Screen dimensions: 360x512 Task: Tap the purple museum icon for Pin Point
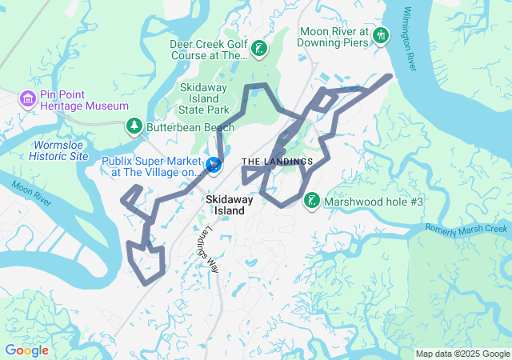pyautogui.click(x=27, y=98)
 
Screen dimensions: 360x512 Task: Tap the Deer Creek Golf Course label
pyautogui.click(x=208, y=50)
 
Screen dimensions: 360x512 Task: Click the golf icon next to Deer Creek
pyautogui.click(x=259, y=50)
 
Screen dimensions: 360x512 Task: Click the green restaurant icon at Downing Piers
pyautogui.click(x=382, y=36)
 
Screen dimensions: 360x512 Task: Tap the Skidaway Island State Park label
pyautogui.click(x=205, y=98)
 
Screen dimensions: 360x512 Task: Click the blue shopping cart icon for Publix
pyautogui.click(x=214, y=165)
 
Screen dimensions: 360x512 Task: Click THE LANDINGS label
pyautogui.click(x=278, y=162)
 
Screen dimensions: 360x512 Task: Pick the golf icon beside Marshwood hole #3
pyautogui.click(x=311, y=201)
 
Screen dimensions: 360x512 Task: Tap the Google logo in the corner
pyautogui.click(x=26, y=350)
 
